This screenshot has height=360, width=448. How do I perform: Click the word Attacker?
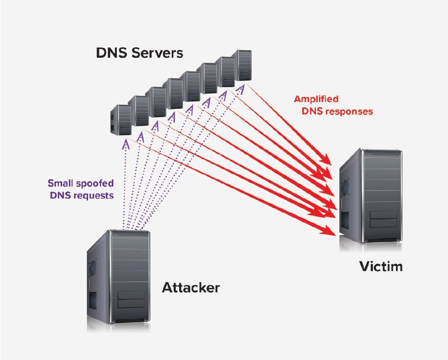[191, 287]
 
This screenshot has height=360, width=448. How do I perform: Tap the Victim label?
[381, 267]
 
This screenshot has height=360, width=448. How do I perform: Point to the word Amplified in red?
[316, 99]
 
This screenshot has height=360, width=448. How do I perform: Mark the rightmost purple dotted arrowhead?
[240, 89]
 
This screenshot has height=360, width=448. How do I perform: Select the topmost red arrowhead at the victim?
[329, 160]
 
